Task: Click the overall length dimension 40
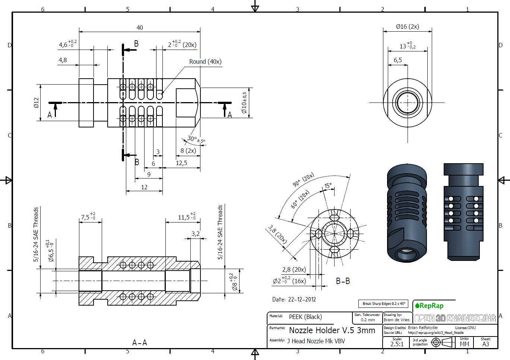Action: pyautogui.click(x=140, y=28)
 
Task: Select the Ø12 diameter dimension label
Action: pyautogui.click(x=36, y=102)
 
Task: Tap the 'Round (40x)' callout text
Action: pyautogui.click(x=205, y=61)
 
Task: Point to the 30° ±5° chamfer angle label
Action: pyautogui.click(x=196, y=140)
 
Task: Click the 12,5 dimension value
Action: pyautogui.click(x=181, y=163)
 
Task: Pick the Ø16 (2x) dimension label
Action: pyautogui.click(x=407, y=26)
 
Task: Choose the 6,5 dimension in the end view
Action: pyautogui.click(x=397, y=60)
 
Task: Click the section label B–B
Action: pyautogui.click(x=343, y=281)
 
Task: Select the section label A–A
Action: pyautogui.click(x=140, y=342)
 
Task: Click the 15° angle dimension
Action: pyautogui.click(x=328, y=186)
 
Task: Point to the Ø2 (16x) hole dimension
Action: pyautogui.click(x=289, y=281)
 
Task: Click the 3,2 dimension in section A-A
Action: pyautogui.click(x=196, y=234)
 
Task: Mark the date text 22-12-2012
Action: pyautogui.click(x=294, y=299)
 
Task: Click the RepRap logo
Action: pyautogui.click(x=429, y=306)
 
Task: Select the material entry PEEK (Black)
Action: pyautogui.click(x=305, y=317)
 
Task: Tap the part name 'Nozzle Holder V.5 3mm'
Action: pyautogui.click(x=332, y=330)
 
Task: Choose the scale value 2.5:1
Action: pyautogui.click(x=397, y=344)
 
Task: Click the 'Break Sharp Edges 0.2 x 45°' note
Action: pyautogui.click(x=384, y=304)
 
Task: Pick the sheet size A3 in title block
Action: pyautogui.click(x=485, y=344)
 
